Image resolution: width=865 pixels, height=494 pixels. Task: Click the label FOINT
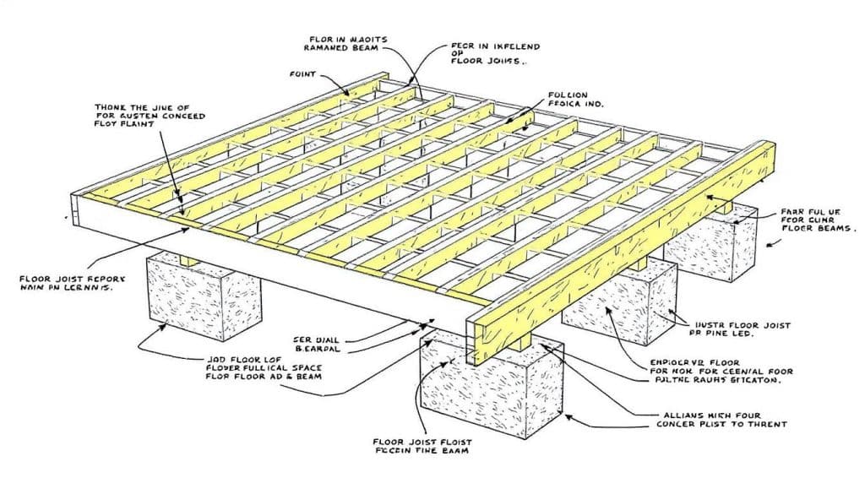pyautogui.click(x=303, y=75)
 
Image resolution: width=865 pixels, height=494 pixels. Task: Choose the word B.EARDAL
pyautogui.click(x=319, y=348)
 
